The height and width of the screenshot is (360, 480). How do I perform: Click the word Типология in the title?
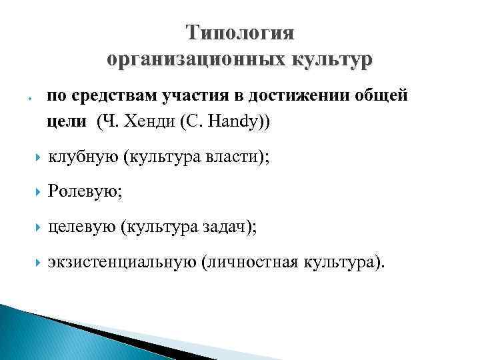240,33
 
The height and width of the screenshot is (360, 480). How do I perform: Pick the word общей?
378,96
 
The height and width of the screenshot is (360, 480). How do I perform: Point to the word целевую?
82,227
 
